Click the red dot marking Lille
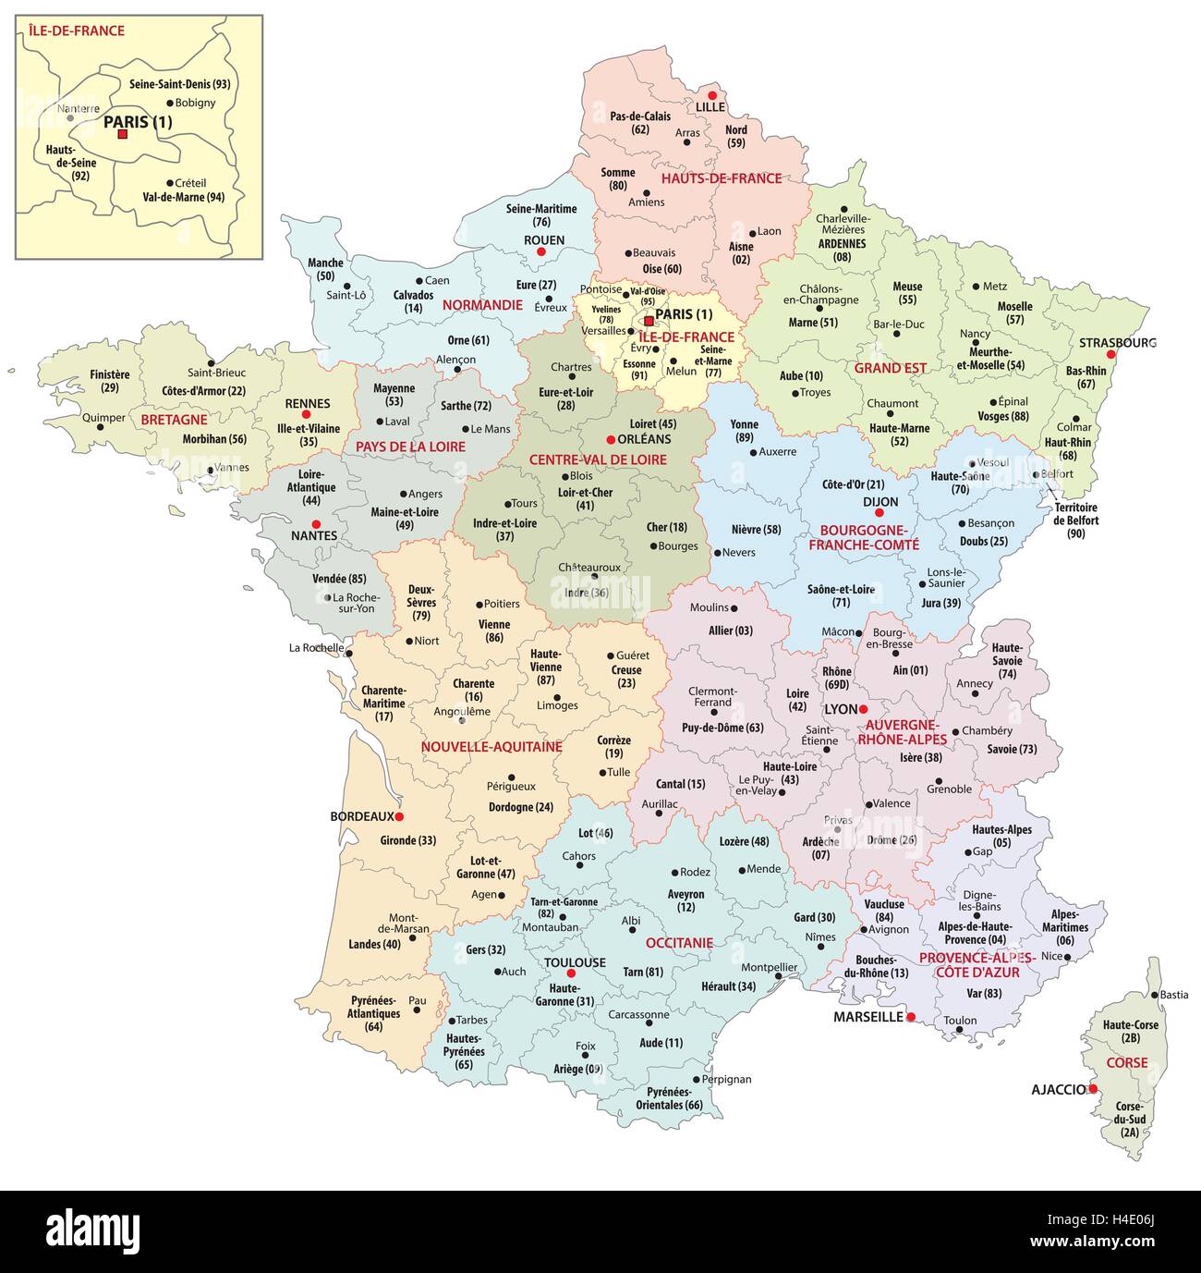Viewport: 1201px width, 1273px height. tap(711, 95)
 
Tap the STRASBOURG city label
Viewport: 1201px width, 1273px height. tap(1117, 342)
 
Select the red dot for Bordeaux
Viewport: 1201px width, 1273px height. tap(400, 816)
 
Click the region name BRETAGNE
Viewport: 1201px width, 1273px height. tap(175, 419)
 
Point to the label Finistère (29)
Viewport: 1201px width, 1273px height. tap(110, 381)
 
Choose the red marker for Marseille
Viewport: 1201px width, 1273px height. tap(911, 1017)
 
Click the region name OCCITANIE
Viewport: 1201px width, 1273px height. tap(679, 942)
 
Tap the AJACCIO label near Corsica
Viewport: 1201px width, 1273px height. tap(1059, 1089)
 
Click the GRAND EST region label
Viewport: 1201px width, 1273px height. tap(890, 367)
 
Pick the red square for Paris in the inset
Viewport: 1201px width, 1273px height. tap(122, 134)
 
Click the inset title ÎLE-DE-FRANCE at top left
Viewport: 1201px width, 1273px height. tap(77, 31)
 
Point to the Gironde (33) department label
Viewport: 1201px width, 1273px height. tap(407, 840)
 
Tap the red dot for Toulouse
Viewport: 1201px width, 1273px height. tap(571, 973)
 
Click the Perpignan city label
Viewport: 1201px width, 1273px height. tap(726, 1079)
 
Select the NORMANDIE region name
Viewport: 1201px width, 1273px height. tap(482, 304)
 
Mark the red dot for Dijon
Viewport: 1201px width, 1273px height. tap(880, 512)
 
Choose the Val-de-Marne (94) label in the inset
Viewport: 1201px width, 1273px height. tap(183, 197)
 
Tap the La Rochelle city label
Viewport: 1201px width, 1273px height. tap(316, 648)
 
